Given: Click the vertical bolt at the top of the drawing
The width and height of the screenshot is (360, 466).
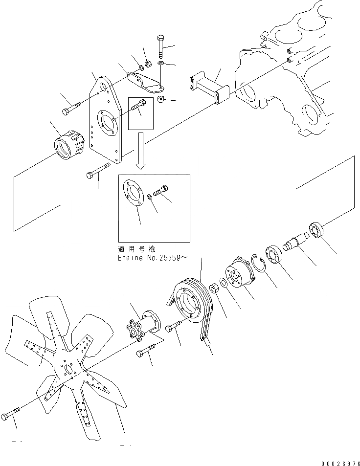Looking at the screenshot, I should click(161, 46).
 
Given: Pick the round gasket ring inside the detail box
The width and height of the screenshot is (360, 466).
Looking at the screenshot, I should click(135, 193).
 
